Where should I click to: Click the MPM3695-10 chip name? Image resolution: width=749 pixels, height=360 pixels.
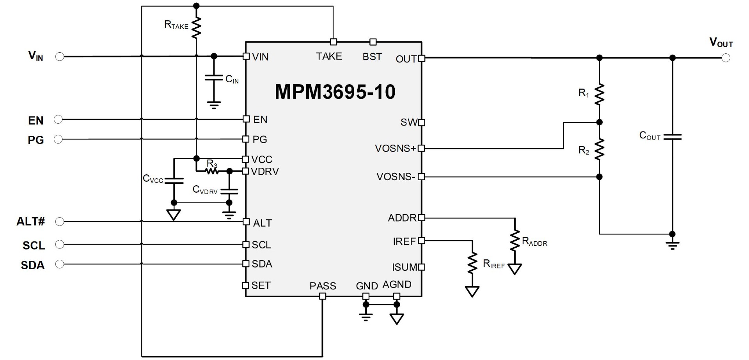(x=335, y=92)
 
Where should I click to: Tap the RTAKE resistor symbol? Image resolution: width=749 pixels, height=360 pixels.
(x=196, y=28)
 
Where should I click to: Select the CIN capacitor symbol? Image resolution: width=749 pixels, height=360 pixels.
(x=214, y=78)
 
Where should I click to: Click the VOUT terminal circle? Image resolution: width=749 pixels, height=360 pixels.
(x=726, y=58)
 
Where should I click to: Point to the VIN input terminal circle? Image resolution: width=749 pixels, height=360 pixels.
(x=60, y=57)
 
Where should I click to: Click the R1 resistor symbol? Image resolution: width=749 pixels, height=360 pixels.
(x=600, y=94)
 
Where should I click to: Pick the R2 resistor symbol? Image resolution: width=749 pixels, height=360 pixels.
(x=600, y=149)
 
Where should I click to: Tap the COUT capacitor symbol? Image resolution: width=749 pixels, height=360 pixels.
(x=672, y=137)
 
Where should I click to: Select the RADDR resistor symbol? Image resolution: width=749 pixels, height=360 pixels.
(x=515, y=241)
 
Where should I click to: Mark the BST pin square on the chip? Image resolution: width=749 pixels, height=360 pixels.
(x=373, y=42)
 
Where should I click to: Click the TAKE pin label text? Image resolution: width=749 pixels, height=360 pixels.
(x=329, y=57)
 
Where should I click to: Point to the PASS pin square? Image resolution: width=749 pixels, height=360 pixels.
(x=323, y=296)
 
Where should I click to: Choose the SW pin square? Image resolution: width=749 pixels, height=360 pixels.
(x=421, y=122)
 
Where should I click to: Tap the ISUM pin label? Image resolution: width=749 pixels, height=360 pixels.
(x=405, y=267)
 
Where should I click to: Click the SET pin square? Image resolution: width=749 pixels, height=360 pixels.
(x=245, y=285)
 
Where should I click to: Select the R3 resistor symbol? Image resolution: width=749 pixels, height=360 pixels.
(x=212, y=171)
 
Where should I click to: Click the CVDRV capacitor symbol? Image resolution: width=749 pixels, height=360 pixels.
(x=229, y=191)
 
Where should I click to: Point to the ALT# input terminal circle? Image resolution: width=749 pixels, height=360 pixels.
(x=60, y=222)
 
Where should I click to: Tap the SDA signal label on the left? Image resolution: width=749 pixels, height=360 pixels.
(x=33, y=265)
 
